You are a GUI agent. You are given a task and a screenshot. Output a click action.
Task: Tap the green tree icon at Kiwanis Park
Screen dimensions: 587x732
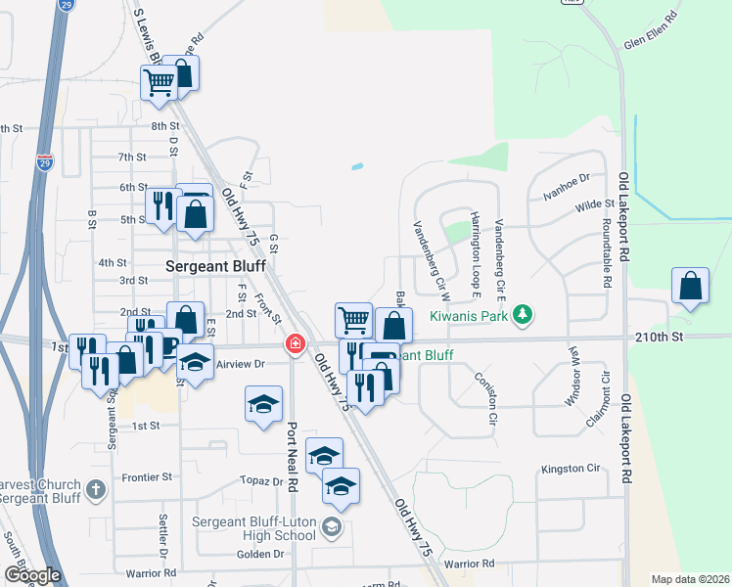click(526, 314)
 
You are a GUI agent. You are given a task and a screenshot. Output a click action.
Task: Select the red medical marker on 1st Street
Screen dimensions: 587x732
click(295, 344)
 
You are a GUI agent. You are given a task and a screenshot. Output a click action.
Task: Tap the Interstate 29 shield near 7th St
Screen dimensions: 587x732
click(45, 162)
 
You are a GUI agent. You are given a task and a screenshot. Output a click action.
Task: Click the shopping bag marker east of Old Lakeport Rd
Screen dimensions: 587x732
click(690, 286)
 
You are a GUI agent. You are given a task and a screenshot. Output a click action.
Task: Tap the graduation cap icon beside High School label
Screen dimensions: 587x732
click(331, 528)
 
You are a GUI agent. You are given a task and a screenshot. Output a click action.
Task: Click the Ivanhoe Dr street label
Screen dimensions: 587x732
click(568, 188)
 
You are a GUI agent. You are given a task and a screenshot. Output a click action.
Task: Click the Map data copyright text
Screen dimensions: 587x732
click(690, 579)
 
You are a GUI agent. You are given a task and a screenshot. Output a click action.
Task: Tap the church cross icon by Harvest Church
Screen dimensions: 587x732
click(96, 487)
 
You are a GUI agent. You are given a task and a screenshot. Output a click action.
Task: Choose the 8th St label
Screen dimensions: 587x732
click(165, 126)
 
